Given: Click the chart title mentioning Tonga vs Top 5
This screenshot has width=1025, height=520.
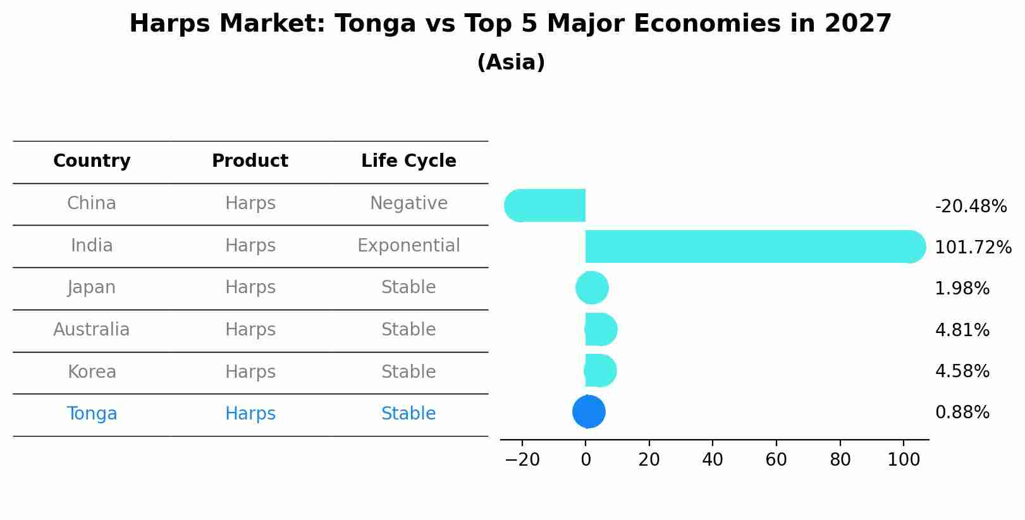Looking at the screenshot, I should tap(510, 24).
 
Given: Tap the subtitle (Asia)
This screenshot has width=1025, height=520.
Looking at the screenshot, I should tap(510, 63).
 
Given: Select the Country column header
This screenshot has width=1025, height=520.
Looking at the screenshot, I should tap(92, 161).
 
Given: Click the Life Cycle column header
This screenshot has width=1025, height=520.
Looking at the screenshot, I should tap(408, 161).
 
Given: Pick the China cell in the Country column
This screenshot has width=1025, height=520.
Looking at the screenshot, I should tap(92, 203).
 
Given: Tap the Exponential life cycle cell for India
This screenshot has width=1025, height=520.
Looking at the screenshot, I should tap(408, 246).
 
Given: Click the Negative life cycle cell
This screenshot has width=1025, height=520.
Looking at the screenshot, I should tap(408, 203).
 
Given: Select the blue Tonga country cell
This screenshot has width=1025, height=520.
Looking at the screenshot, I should tap(92, 414).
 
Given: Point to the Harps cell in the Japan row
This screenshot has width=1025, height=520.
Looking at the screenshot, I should tap(250, 287).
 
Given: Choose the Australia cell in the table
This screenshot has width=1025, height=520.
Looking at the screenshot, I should tap(92, 330).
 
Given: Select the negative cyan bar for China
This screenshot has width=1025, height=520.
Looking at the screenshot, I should tap(547, 205).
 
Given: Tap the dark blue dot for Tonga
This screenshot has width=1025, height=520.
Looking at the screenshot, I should tap(589, 412).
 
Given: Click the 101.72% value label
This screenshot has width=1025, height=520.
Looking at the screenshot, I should tap(973, 248).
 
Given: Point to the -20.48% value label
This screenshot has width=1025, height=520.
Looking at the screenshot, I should tap(971, 207).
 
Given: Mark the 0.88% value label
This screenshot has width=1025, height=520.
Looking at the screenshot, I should tap(962, 413).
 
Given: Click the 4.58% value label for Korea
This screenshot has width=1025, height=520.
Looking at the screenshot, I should tap(962, 372).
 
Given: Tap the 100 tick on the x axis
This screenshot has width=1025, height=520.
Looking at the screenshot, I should tap(904, 460).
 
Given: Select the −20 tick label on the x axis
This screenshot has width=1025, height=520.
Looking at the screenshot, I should tap(522, 460).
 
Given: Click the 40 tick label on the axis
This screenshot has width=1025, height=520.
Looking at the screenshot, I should tap(713, 460).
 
